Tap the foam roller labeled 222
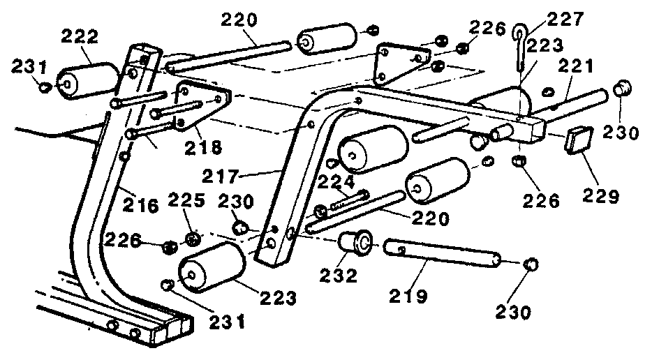(89, 77)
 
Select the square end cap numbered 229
(579, 140)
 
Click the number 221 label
(575, 67)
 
